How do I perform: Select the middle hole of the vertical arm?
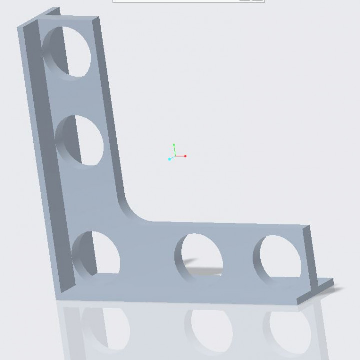[80, 141]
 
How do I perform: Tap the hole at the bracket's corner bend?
[96, 254]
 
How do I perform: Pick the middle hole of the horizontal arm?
[199, 257]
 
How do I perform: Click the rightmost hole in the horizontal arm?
[277, 257]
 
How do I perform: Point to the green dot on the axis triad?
[174, 145]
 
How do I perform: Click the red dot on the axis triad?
[185, 156]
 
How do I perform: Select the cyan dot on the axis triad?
[170, 159]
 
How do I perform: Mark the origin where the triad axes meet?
[175, 156]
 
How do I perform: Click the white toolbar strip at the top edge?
[188, 1]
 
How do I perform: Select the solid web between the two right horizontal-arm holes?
[239, 255]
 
